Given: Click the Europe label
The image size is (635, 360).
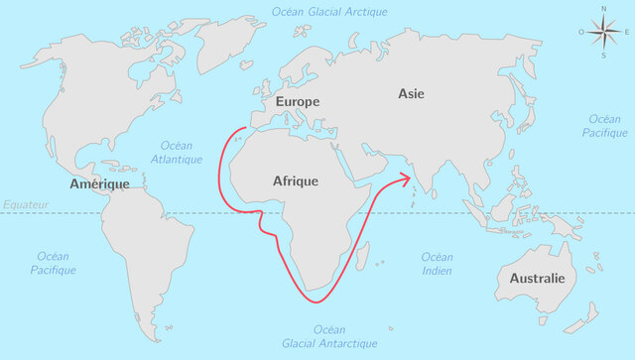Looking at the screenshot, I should pos(298,102).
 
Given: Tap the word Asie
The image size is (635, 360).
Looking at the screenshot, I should pos(411,93).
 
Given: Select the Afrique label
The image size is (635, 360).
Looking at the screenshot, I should pos(296,181).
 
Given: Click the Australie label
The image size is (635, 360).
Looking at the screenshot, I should pos(537,279).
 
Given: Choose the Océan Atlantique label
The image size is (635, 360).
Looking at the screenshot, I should pos(177,152).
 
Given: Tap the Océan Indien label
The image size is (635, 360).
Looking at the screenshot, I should pos(437,264).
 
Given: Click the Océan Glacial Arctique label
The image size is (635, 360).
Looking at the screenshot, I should pos(329,11).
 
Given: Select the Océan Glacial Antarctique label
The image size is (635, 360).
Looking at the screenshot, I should pos(330,336).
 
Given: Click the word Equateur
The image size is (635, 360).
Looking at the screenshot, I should pos(25,204).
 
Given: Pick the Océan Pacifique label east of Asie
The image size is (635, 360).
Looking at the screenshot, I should pos(605,125).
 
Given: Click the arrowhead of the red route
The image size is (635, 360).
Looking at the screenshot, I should pos(407,179).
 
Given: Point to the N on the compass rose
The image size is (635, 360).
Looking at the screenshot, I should pos(603,9).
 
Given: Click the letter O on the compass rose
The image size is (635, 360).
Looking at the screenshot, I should pos(582,32).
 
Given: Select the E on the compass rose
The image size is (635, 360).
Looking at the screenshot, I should pos(626,32).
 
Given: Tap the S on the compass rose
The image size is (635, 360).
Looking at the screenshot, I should pos(603,56).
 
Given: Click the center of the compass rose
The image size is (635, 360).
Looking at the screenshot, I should pos(603,32).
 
